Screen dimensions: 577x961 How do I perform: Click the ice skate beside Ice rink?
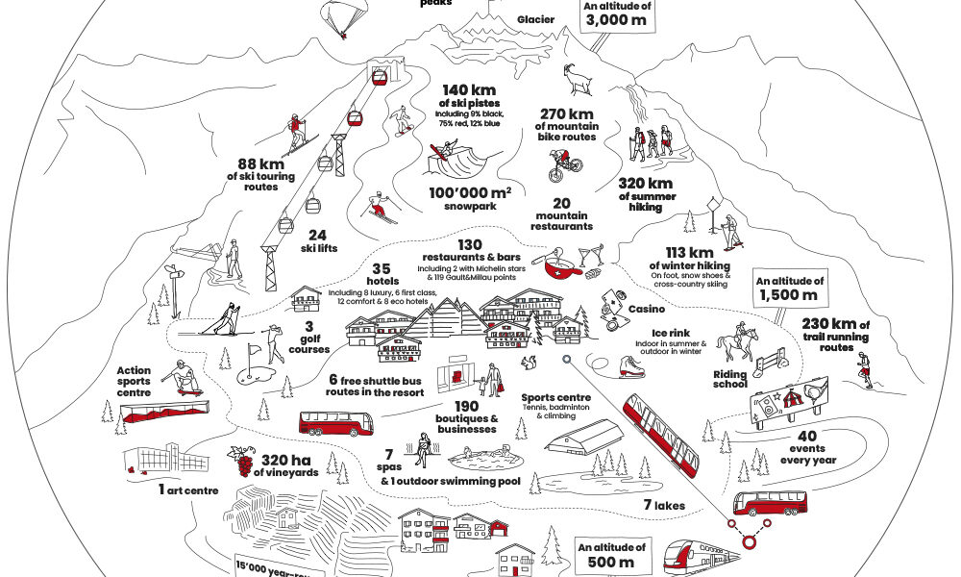click(x=629, y=365)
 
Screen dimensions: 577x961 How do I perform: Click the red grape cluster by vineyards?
click(x=234, y=463)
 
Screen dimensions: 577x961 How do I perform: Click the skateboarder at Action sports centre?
click(x=180, y=378)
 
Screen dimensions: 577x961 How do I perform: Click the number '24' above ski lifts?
click(x=319, y=234)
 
